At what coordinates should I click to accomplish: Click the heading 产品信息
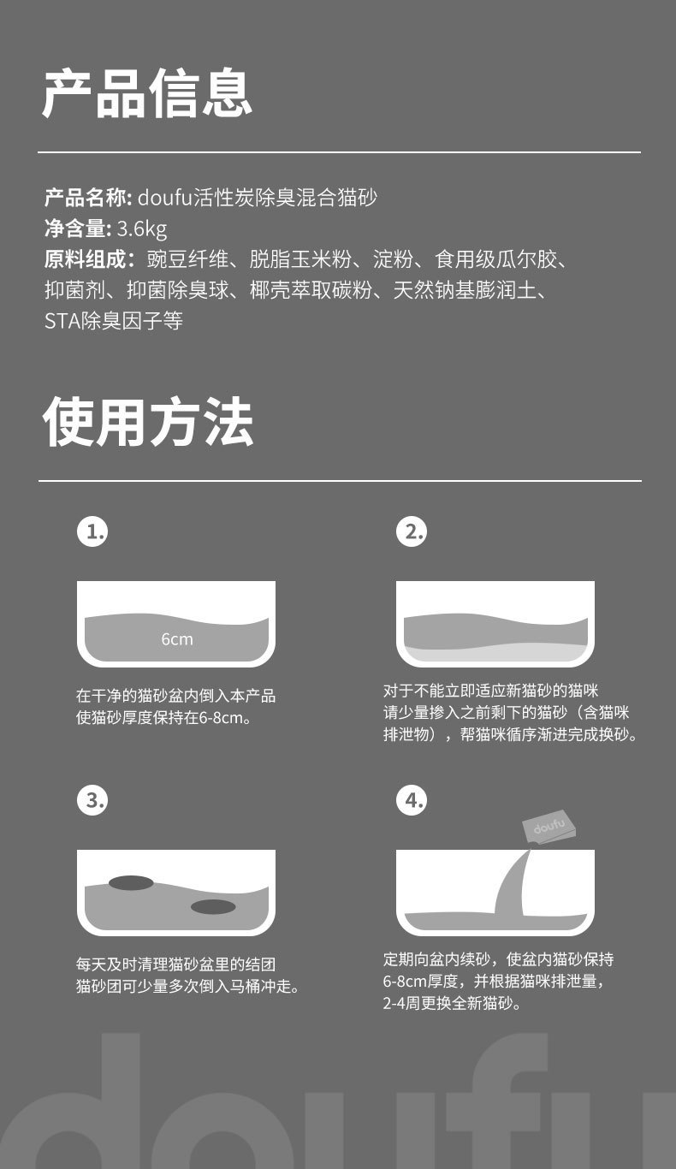point(148,93)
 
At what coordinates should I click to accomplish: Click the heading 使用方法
point(148,422)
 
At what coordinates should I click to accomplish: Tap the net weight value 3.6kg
point(142,228)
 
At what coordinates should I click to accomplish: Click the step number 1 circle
point(92,531)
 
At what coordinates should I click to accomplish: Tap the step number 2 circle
point(412,531)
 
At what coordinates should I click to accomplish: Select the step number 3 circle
point(92,800)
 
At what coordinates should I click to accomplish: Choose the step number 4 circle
point(412,800)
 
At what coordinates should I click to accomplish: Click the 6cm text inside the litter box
point(176,639)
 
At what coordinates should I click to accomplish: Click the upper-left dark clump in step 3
point(131,882)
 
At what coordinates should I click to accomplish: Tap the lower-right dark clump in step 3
point(212,906)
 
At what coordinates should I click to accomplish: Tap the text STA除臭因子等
point(114,321)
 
